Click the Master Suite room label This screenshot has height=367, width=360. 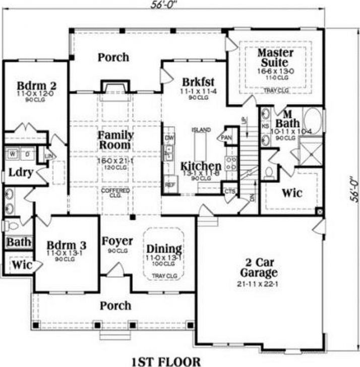tap(273, 58)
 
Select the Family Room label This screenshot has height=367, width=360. tap(115, 140)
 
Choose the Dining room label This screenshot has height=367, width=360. tap(164, 249)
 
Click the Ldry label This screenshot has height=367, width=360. tap(21, 172)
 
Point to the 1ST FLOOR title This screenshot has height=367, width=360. tap(166, 361)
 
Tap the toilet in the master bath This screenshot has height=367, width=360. tap(269, 173)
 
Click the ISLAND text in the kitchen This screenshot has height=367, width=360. tap(201, 130)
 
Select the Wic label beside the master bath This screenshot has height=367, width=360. tap(291, 192)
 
